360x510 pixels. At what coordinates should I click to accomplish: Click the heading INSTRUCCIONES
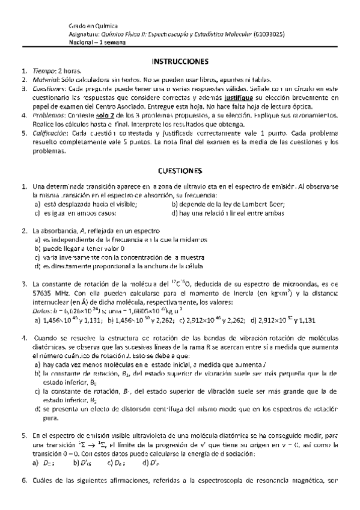(180, 61)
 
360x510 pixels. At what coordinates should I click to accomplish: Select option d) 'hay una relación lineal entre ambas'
(231, 212)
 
